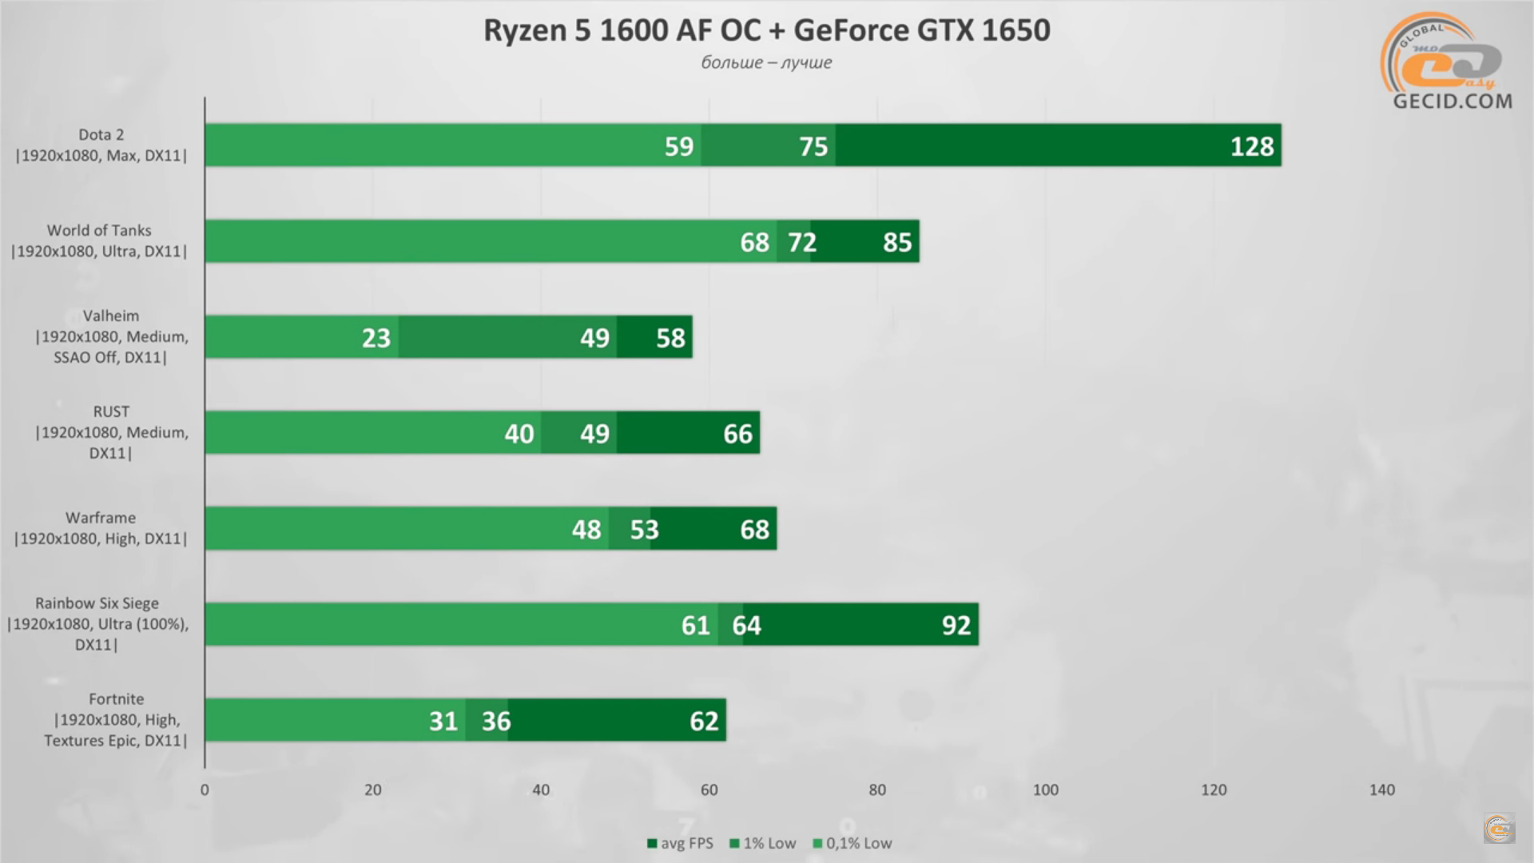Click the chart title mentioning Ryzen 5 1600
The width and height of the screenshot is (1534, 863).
pos(766,30)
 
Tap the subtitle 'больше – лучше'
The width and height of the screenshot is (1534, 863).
pos(766,62)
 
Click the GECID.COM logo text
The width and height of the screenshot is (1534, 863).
pos(1452,101)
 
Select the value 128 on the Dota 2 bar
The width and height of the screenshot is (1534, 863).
pos(1251,146)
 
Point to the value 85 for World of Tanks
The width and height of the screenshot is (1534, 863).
pos(897,242)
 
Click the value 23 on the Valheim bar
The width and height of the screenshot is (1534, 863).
pos(376,338)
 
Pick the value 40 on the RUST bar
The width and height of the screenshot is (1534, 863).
pos(519,434)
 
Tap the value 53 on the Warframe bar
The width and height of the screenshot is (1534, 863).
pos(644,530)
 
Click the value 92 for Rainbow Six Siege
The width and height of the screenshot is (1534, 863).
pos(956,625)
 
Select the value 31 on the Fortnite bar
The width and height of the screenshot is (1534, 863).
pos(443,721)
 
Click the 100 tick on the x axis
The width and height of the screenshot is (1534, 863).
pos(1045,789)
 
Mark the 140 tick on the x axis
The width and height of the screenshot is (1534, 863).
pos(1381,789)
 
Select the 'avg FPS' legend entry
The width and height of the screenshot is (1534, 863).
pos(680,843)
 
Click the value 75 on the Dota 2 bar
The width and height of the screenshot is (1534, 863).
pos(813,146)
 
